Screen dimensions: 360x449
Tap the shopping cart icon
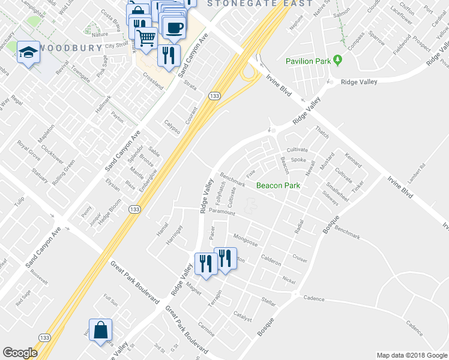(x=146, y=38)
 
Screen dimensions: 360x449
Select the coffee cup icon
(x=174, y=28)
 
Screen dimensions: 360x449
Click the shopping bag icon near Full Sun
(x=101, y=329)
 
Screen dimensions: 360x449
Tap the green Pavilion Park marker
(x=338, y=61)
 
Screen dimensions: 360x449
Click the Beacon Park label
(x=278, y=185)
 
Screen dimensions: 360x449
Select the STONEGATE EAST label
(x=260, y=4)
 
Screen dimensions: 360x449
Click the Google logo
(x=20, y=353)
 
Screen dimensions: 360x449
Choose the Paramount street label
(x=221, y=212)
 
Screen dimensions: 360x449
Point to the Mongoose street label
(x=245, y=241)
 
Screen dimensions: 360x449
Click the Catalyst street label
(x=243, y=316)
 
